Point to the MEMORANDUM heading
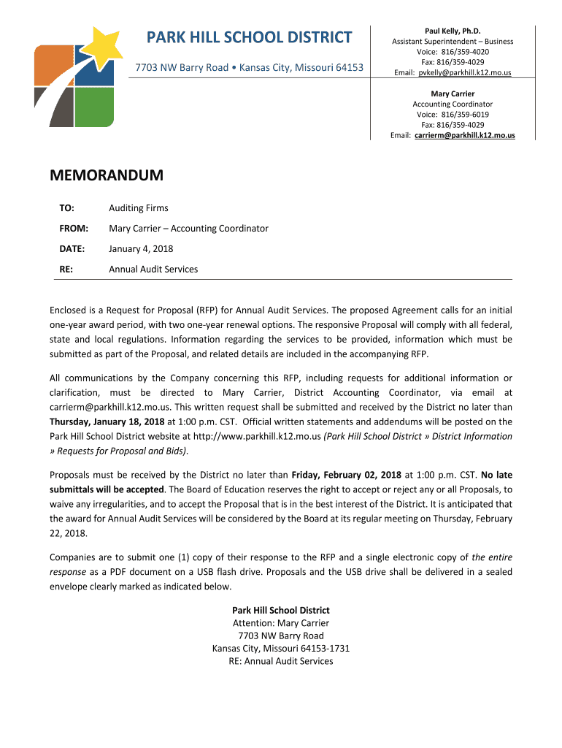click(x=107, y=176)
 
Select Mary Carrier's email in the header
click(x=464, y=136)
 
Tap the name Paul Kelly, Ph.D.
click(x=453, y=31)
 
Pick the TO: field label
click(x=67, y=208)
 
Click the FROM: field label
click(x=74, y=229)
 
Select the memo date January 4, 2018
click(x=141, y=249)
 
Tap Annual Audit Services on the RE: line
click(x=153, y=270)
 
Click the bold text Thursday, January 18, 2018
click(x=107, y=421)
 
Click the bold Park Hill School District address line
click(x=281, y=610)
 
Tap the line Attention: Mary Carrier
click(x=281, y=623)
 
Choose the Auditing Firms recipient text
click(x=139, y=208)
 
